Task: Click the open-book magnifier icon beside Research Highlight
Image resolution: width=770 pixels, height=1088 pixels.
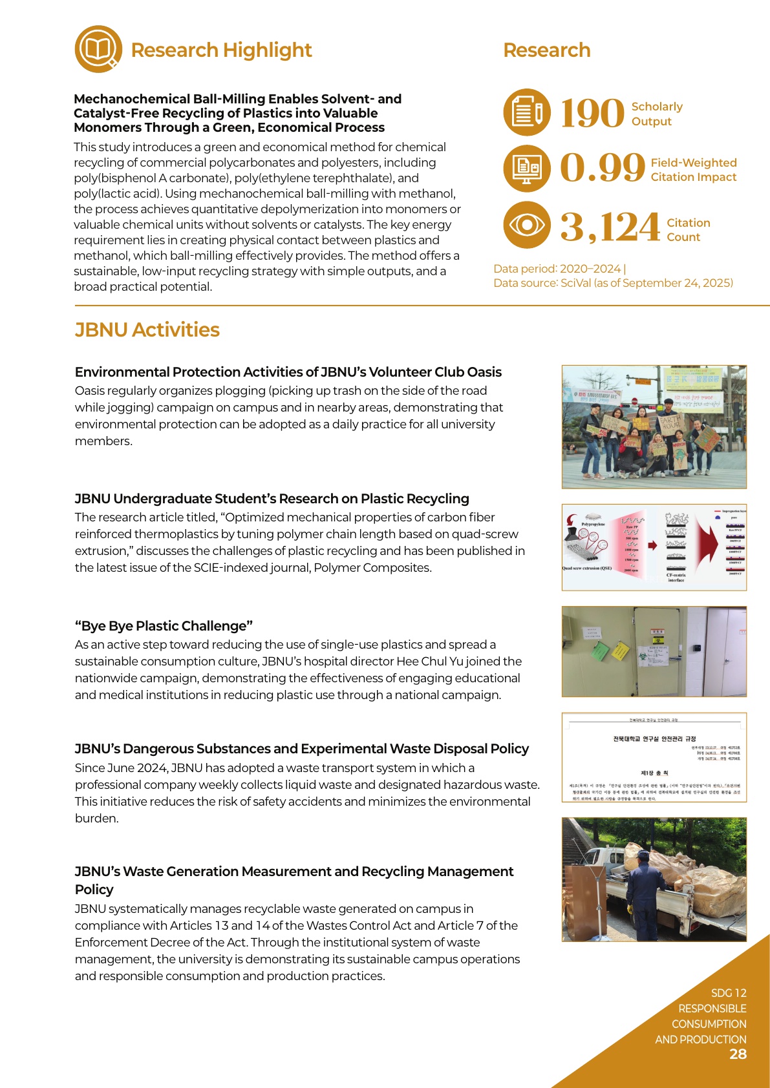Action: pos(98,49)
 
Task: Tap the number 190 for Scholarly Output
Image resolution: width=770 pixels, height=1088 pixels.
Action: pos(592,114)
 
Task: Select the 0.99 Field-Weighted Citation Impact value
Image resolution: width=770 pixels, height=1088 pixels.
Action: pos(602,168)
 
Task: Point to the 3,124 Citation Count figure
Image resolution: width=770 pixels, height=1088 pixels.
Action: pos(609,227)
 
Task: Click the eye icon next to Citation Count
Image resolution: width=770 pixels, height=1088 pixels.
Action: pos(527,225)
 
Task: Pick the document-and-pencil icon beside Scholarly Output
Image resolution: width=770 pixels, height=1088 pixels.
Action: pos(527,112)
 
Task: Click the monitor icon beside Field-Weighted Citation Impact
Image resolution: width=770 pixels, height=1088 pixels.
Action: pos(527,168)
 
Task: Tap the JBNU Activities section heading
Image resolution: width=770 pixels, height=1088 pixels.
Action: pos(147,330)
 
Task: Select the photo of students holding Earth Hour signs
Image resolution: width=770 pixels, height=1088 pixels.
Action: pos(654,426)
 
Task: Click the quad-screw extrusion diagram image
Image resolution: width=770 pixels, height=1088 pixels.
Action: pos(654,547)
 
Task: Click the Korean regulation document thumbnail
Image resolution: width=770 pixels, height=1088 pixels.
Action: pos(654,757)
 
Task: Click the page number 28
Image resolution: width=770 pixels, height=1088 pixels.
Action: pos(738,1054)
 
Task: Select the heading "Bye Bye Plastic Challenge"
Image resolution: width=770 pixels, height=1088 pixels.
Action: pos(164,626)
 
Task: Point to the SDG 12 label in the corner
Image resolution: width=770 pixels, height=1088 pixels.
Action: pos(729,993)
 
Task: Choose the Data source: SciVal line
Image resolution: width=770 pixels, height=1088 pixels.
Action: pos(613,283)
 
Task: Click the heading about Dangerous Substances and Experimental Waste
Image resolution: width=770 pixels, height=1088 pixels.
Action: pos(301,749)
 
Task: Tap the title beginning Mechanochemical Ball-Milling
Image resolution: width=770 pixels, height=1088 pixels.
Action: pos(237,113)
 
